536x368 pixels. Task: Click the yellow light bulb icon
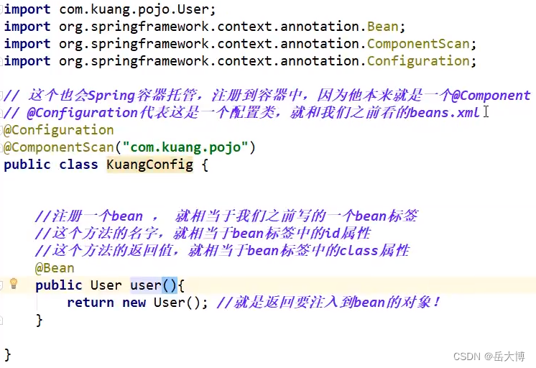pyautogui.click(x=13, y=283)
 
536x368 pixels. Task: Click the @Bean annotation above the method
pyautogui.click(x=55, y=268)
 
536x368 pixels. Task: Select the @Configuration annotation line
pyautogui.click(x=59, y=130)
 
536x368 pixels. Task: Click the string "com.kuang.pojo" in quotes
pyautogui.click(x=185, y=147)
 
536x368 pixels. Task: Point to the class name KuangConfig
pyautogui.click(x=150, y=165)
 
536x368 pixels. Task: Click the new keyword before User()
pyautogui.click(x=134, y=303)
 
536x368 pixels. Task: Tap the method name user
pyautogui.click(x=146, y=285)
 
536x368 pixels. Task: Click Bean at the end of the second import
pyautogui.click(x=383, y=27)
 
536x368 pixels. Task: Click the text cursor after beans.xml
pyautogui.click(x=486, y=112)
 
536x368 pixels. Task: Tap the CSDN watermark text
pyautogui.click(x=468, y=356)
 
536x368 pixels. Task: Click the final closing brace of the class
pyautogui.click(x=7, y=354)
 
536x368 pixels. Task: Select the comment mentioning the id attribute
pyautogui.click(x=203, y=234)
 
